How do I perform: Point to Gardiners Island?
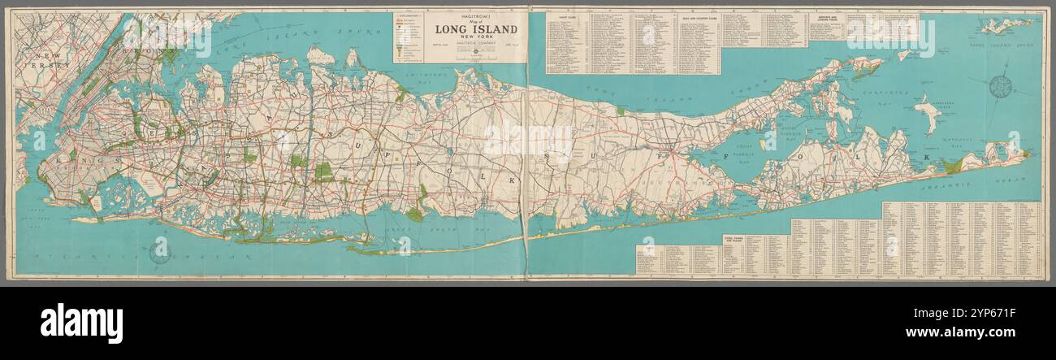(926, 114)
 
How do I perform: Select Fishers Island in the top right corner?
(1007, 24)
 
